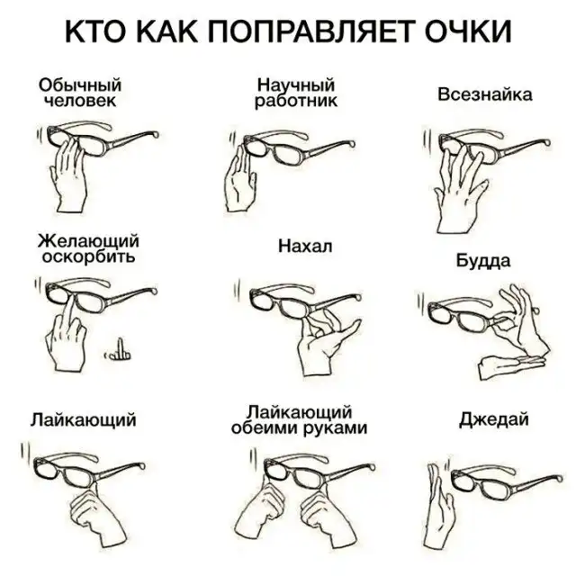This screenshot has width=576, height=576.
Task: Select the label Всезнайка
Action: click(x=485, y=94)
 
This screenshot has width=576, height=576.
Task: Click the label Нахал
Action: click(x=305, y=246)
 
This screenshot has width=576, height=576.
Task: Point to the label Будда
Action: click(x=483, y=261)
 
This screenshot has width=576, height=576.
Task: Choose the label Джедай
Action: click(x=494, y=419)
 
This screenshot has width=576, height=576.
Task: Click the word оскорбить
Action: click(x=88, y=256)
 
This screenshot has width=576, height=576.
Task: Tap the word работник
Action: click(x=296, y=100)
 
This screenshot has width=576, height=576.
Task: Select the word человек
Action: click(x=80, y=100)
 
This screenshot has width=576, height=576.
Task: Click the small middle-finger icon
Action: click(x=119, y=351)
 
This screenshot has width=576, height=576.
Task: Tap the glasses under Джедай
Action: click(x=505, y=481)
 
